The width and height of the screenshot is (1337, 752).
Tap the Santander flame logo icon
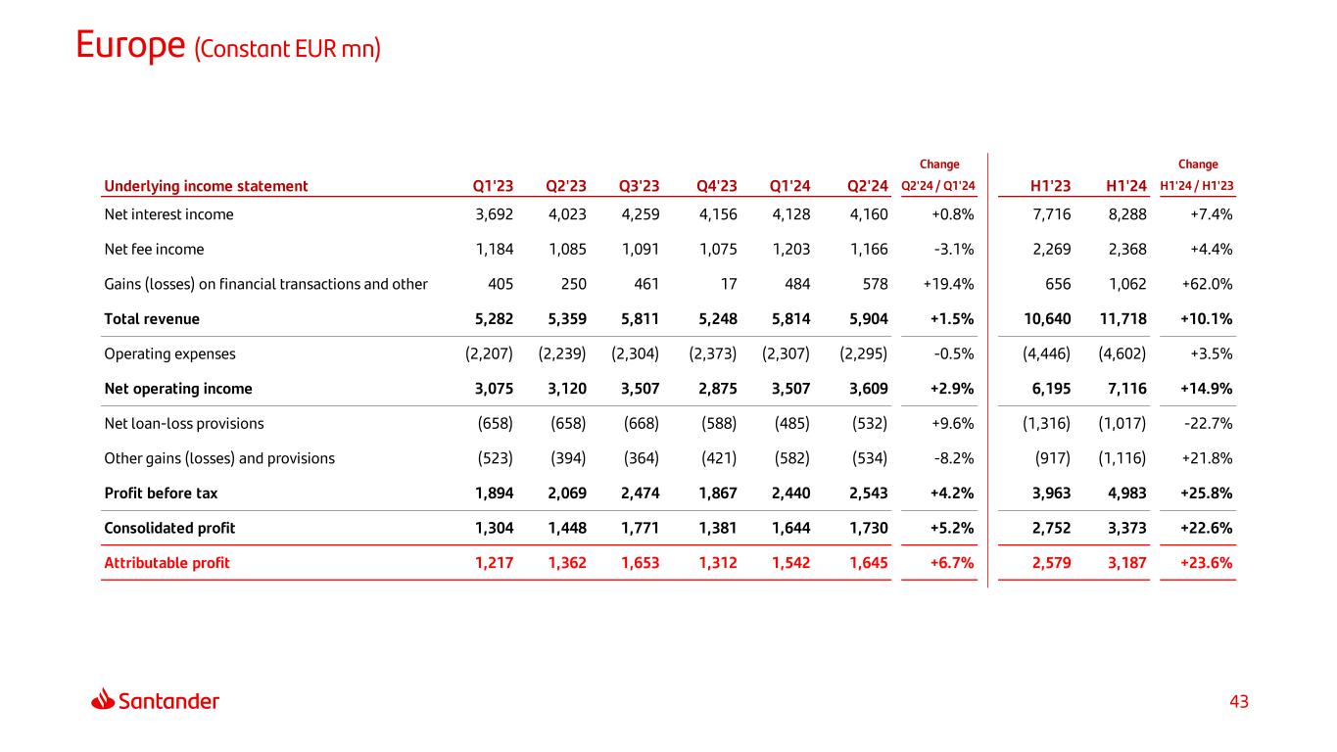pyautogui.click(x=103, y=700)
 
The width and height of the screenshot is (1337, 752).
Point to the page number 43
pyautogui.click(x=1239, y=702)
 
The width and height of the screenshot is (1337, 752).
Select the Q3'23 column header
pyautogui.click(x=640, y=186)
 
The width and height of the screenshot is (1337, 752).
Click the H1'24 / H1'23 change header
pyautogui.click(x=1197, y=186)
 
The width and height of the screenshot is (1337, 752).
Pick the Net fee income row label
pyautogui.click(x=154, y=249)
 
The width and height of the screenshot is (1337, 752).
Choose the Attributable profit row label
pyautogui.click(x=167, y=563)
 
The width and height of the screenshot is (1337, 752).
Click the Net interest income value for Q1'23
pyautogui.click(x=487, y=214)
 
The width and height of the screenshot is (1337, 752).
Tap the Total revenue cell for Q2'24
pyautogui.click(x=867, y=318)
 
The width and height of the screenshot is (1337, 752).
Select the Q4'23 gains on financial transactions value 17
pyautogui.click(x=728, y=284)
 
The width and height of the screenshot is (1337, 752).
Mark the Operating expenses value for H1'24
pyautogui.click(x=1122, y=353)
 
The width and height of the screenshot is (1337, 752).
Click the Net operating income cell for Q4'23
pyautogui.click(x=716, y=389)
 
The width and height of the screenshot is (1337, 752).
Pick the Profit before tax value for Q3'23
pyautogui.click(x=640, y=493)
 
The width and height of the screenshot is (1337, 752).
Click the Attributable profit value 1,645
pyautogui.click(x=867, y=563)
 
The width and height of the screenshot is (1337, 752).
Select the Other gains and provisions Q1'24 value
pyautogui.click(x=790, y=458)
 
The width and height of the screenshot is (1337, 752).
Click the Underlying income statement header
pyautogui.click(x=206, y=186)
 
